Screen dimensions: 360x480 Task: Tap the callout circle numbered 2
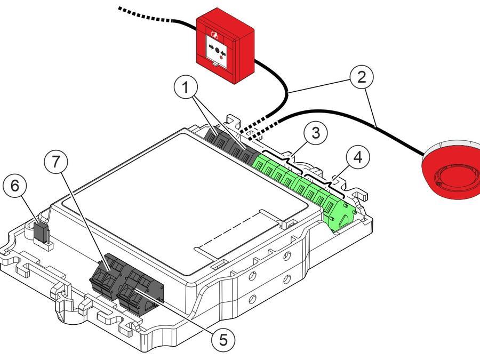[x=362, y=77]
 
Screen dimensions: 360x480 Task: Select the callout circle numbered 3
[x=316, y=133]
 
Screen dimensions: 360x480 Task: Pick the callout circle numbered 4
[x=357, y=158]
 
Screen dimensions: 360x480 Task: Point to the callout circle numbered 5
[x=222, y=339]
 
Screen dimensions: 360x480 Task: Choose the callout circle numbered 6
[x=14, y=186]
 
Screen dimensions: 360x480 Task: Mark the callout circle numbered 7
[x=57, y=162]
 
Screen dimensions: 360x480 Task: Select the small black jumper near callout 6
[x=41, y=230]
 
